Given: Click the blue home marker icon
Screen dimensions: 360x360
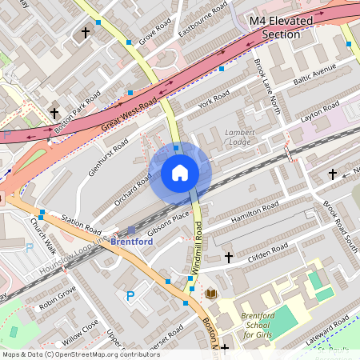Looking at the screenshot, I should click(x=180, y=172).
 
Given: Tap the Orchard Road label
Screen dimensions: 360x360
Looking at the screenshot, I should click(x=132, y=190).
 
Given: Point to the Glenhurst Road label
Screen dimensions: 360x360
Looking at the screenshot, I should click(x=108, y=157).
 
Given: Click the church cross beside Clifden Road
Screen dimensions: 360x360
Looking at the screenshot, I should click(x=229, y=257).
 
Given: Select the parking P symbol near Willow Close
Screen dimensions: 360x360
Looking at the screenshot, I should click(x=130, y=297).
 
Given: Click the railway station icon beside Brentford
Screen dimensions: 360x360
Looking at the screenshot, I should click(x=131, y=230).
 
